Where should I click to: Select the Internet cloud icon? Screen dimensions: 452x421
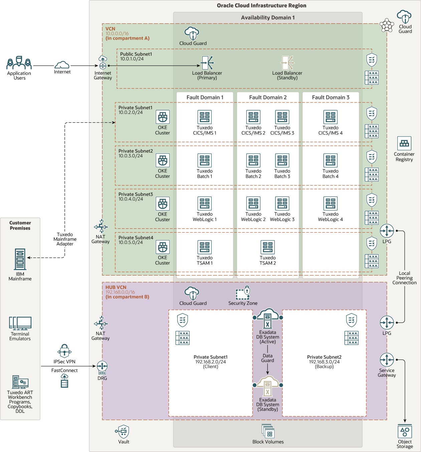[62, 65]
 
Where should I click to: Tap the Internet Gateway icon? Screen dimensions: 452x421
[103, 63]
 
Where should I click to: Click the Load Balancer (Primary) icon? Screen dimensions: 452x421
[207, 63]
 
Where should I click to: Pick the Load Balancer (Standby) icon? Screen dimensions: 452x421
[287, 63]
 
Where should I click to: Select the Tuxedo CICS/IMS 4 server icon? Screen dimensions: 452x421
[330, 117]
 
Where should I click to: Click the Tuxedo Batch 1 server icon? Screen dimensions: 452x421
[204, 160]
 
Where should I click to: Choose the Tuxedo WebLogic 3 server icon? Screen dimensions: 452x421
[282, 203]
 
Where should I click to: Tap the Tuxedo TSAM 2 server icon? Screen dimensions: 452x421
[267, 247]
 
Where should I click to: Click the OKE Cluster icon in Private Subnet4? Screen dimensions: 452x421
[163, 247]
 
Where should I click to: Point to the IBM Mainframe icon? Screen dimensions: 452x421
[20, 259]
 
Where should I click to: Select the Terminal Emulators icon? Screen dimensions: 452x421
[20, 324]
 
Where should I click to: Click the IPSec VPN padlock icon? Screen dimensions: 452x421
[64, 351]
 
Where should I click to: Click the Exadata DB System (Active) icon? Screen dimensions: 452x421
[267, 319]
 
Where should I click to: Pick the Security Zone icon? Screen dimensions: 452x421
[243, 293]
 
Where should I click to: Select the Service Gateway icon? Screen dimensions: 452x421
[387, 360]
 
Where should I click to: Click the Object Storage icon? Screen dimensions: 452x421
[405, 432]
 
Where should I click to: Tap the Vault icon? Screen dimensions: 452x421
[123, 432]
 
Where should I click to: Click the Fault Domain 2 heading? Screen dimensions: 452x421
[268, 97]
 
